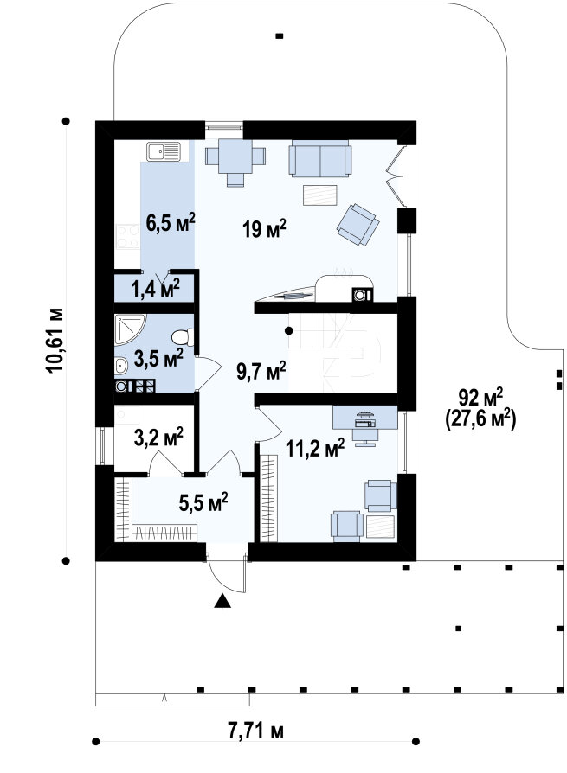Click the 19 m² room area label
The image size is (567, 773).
[264, 229]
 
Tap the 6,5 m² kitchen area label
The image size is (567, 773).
[171, 222]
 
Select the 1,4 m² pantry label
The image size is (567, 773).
[155, 289]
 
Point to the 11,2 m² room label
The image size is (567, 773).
[315, 449]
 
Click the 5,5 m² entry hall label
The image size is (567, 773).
[203, 503]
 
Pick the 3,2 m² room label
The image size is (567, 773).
[158, 438]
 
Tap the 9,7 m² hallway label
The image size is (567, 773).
[261, 371]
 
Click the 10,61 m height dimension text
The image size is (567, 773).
[55, 340]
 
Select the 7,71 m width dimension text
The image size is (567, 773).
[255, 731]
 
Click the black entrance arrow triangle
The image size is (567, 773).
[222, 601]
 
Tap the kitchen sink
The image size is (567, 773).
[164, 151]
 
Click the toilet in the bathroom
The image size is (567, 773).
[183, 337]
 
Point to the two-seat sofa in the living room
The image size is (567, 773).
[320, 158]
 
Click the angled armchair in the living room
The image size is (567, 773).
[358, 224]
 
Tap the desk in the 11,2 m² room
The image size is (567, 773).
[365, 417]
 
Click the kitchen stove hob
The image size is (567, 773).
[128, 237]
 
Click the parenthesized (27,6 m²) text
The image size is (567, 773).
[480, 420]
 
